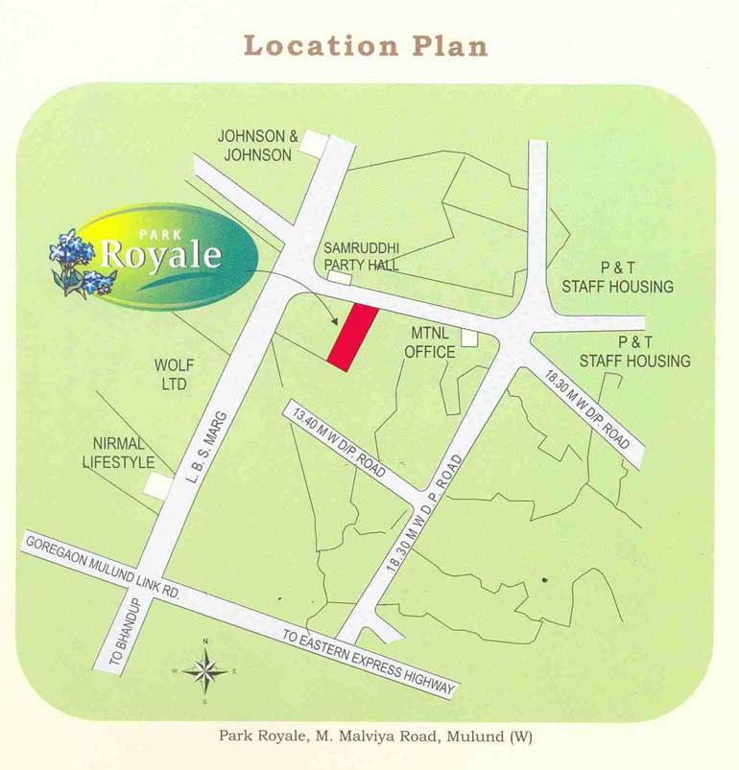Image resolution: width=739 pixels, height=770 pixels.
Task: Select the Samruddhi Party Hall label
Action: click(x=361, y=256)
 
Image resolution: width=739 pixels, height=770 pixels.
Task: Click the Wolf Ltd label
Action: click(x=174, y=375)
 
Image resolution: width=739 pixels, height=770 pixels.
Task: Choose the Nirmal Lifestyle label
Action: click(x=123, y=453)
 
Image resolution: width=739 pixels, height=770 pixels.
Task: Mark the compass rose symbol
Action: click(x=204, y=670)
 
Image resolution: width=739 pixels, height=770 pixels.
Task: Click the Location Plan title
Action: click(x=366, y=45)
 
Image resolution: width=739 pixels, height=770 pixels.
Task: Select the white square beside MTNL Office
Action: click(x=469, y=338)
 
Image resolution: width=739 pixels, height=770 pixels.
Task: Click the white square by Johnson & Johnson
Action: click(x=316, y=144)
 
